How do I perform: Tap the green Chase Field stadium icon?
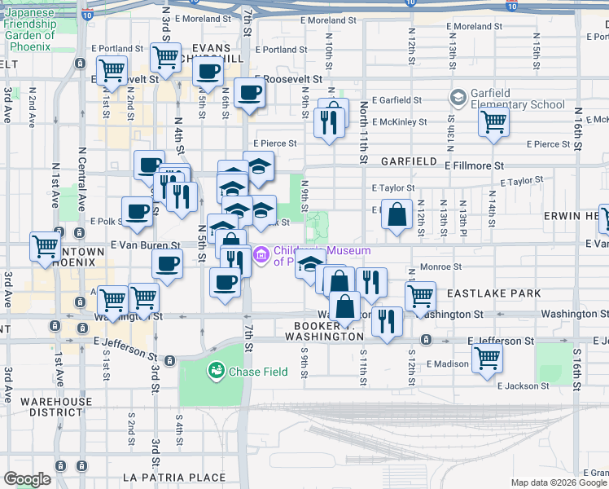point(217,372)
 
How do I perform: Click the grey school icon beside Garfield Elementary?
point(458,99)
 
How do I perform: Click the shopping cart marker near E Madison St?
point(487,357)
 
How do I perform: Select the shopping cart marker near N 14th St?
point(493,121)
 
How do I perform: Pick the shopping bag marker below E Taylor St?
point(397,215)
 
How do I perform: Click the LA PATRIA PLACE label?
point(173,477)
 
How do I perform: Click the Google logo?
point(27,478)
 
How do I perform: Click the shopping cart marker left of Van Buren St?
point(45,245)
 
